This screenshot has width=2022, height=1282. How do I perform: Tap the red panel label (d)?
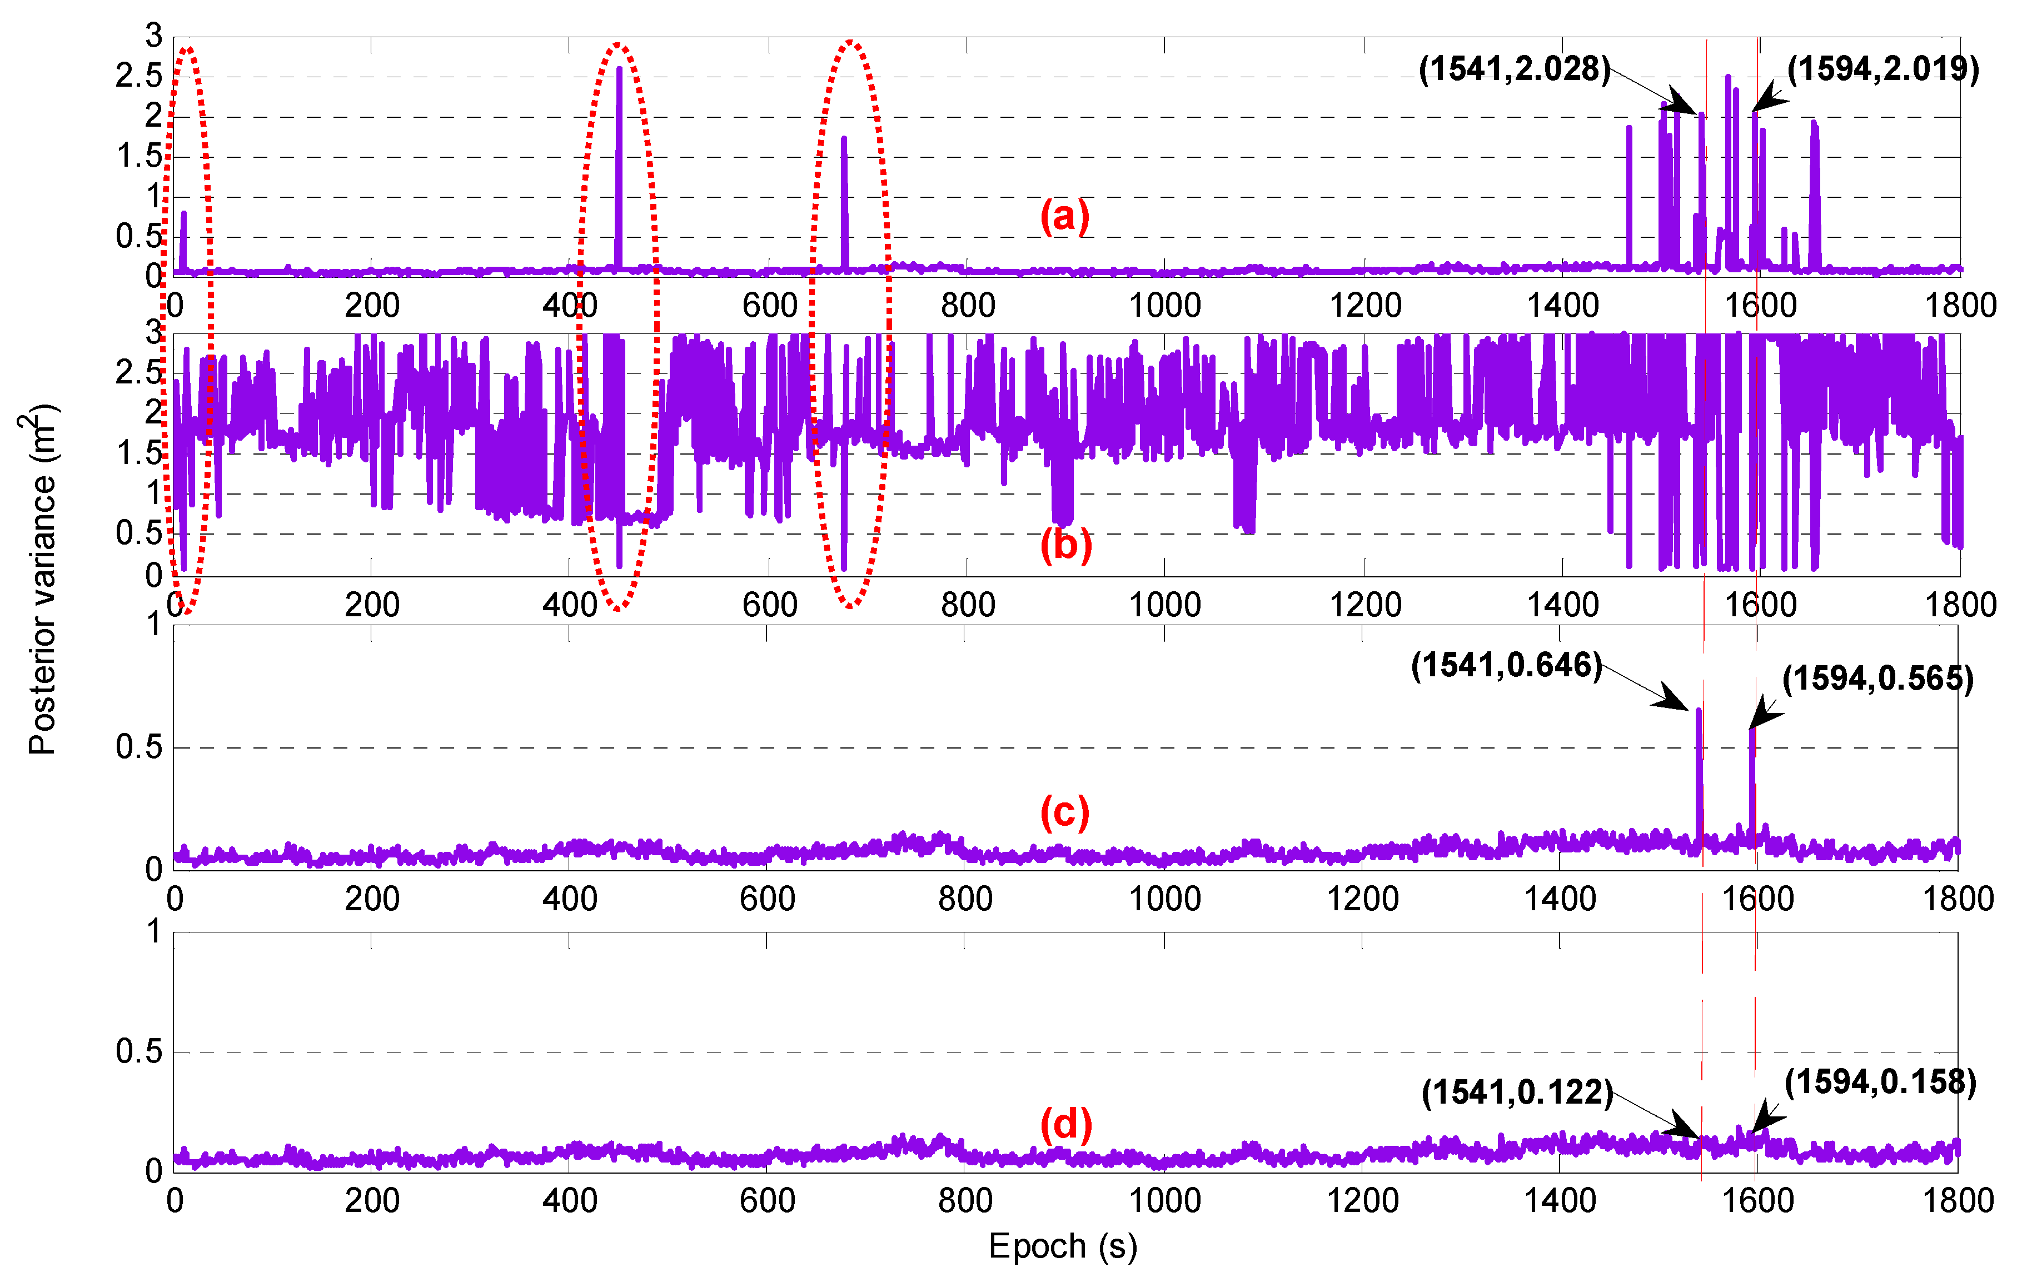[x=1065, y=1123]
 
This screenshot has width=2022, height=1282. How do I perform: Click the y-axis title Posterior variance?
[x=42, y=579]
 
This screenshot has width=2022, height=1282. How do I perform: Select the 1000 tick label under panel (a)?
[x=1164, y=305]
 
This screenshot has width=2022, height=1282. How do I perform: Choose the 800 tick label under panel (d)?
[x=965, y=1200]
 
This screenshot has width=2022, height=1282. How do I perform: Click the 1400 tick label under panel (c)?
[x=1560, y=899]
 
